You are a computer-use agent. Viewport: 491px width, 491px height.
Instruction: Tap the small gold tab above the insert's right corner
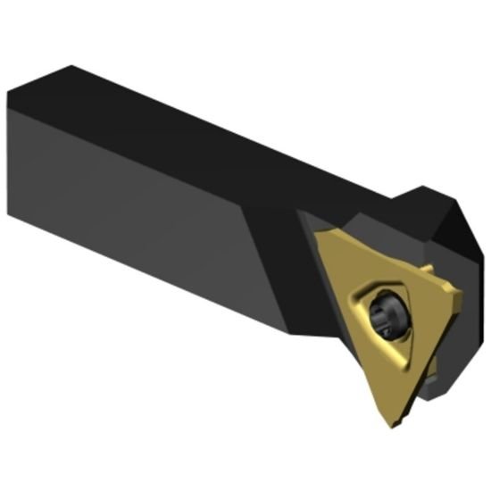(x=429, y=269)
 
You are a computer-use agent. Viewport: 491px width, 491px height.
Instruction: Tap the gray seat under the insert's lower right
(x=437, y=375)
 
